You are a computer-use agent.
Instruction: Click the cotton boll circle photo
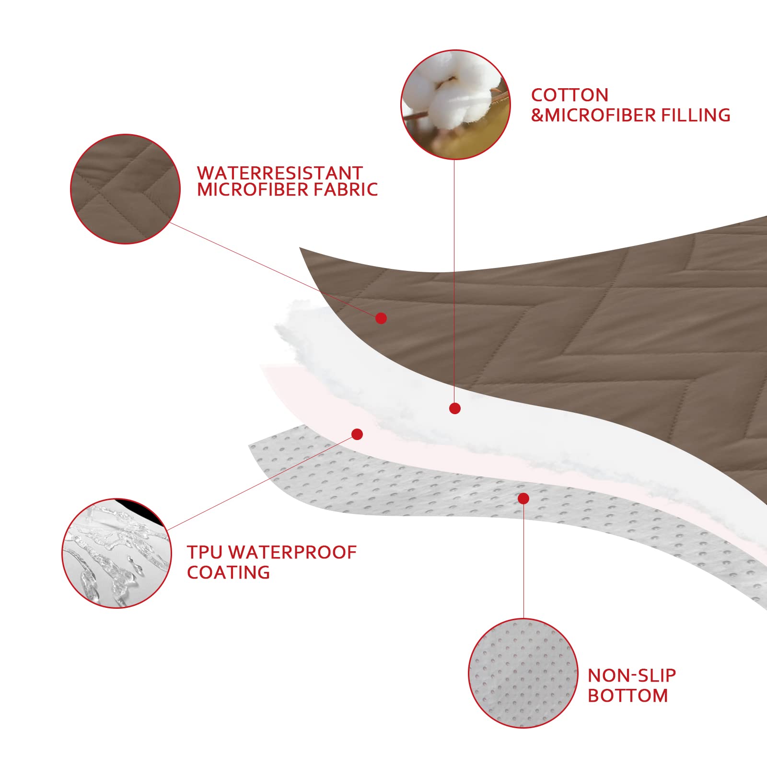coord(455,105)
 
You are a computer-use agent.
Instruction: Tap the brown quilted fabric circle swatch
coord(125,189)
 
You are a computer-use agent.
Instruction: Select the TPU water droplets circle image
coord(117,553)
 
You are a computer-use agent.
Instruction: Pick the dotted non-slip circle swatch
coord(523,673)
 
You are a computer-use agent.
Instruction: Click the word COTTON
coord(569,95)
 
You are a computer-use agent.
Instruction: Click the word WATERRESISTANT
coord(280,173)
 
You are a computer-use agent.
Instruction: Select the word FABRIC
coord(345,189)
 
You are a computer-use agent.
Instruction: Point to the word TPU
coord(205,552)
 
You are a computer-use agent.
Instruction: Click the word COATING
coord(228,572)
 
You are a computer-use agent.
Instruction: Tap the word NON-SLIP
coord(632,675)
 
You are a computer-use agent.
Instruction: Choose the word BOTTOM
coord(628,696)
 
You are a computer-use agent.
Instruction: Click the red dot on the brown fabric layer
coord(381,318)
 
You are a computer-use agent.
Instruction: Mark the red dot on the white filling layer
coord(455,408)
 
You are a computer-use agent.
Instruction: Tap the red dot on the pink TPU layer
coord(357,434)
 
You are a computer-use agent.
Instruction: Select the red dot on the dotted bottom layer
coord(523,499)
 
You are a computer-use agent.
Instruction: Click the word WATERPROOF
coord(292,552)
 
